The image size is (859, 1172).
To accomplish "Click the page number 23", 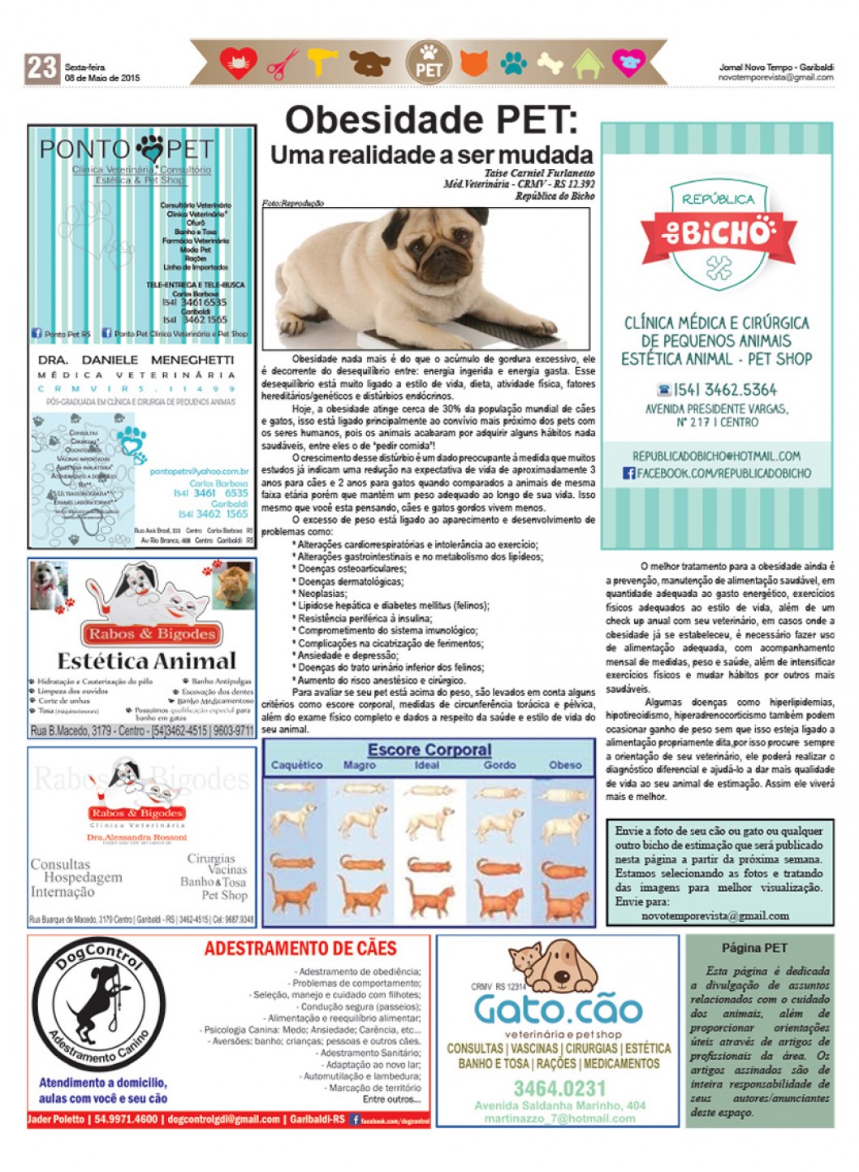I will click(x=41, y=68).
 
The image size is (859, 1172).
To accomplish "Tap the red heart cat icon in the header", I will click(x=237, y=63).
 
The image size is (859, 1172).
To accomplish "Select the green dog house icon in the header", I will click(x=588, y=63).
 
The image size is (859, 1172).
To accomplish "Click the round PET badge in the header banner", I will click(x=428, y=63).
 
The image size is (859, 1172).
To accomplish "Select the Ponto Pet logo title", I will click(x=127, y=149).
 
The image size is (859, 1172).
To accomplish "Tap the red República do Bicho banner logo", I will click(x=718, y=232).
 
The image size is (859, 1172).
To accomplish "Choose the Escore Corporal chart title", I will click(x=429, y=750).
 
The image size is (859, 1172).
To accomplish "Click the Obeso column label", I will click(x=565, y=765).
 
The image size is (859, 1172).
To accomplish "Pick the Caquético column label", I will click(x=296, y=765).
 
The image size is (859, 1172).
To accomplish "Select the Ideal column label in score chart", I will click(x=427, y=765).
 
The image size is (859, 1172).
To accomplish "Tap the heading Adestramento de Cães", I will click(x=300, y=949).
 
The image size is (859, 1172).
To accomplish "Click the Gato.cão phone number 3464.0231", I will click(x=559, y=1088).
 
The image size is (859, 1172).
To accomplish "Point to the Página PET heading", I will click(x=754, y=948).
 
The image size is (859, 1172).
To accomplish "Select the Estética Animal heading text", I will click(x=146, y=661).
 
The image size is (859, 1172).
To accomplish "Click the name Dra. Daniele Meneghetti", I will click(x=136, y=359).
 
